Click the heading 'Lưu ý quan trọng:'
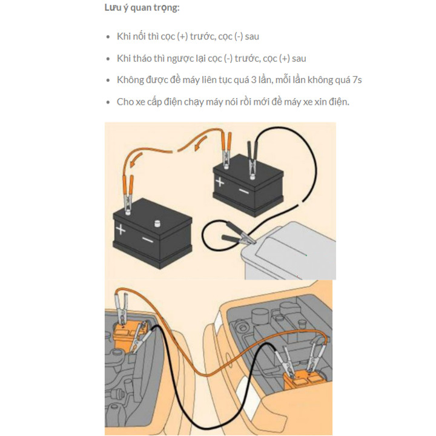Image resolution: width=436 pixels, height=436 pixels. click(142, 8)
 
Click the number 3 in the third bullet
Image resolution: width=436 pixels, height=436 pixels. click(254, 80)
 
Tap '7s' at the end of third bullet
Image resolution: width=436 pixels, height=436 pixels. click(357, 80)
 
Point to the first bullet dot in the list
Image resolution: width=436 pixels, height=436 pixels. click(108, 37)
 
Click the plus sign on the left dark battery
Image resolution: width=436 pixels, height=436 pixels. click(121, 230)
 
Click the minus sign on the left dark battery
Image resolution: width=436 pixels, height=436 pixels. click(147, 239)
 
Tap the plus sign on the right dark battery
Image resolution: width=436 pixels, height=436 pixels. click(220, 182)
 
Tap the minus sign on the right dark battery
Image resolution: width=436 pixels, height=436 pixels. click(244, 191)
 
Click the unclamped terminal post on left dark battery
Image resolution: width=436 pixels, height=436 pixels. click(157, 223)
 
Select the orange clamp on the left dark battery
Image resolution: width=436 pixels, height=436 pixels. click(128, 194)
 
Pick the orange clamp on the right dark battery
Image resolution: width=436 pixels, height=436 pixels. click(226, 150)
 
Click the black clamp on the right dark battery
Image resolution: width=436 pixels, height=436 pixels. click(252, 160)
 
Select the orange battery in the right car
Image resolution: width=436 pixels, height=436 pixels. click(302, 381)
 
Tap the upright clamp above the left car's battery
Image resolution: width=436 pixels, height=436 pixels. click(122, 308)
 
